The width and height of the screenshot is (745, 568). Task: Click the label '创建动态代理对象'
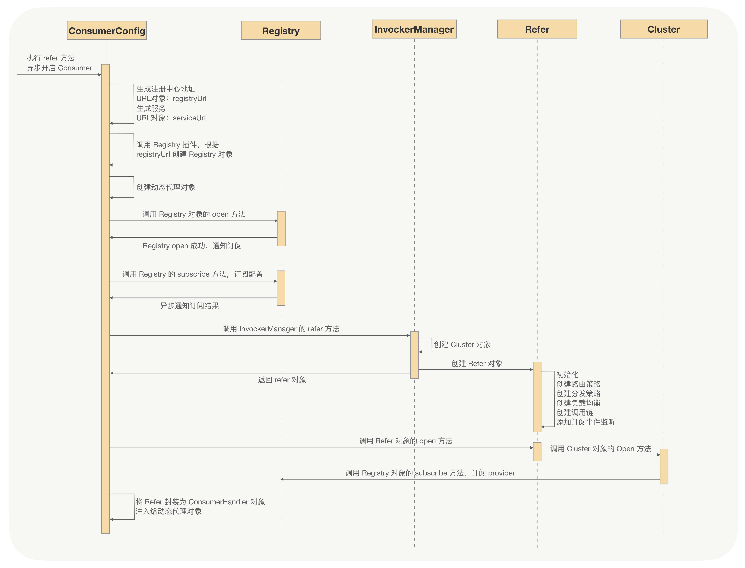166,187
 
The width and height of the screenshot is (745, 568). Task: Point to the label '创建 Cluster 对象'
462,344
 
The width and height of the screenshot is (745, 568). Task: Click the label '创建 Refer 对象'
477,363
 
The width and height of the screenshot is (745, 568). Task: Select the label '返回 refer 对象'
282,380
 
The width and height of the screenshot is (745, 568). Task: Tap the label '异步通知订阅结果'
189,306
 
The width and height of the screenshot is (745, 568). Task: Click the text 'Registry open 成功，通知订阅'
192,246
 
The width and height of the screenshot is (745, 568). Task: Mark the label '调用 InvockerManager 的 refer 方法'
281,329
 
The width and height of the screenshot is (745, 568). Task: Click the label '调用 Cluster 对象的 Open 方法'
600,449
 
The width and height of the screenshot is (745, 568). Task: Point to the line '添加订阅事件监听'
586,422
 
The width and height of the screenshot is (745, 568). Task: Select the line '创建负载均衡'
578,403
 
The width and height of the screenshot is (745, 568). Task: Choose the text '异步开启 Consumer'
59,68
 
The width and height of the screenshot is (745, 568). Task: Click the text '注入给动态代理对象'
168,511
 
